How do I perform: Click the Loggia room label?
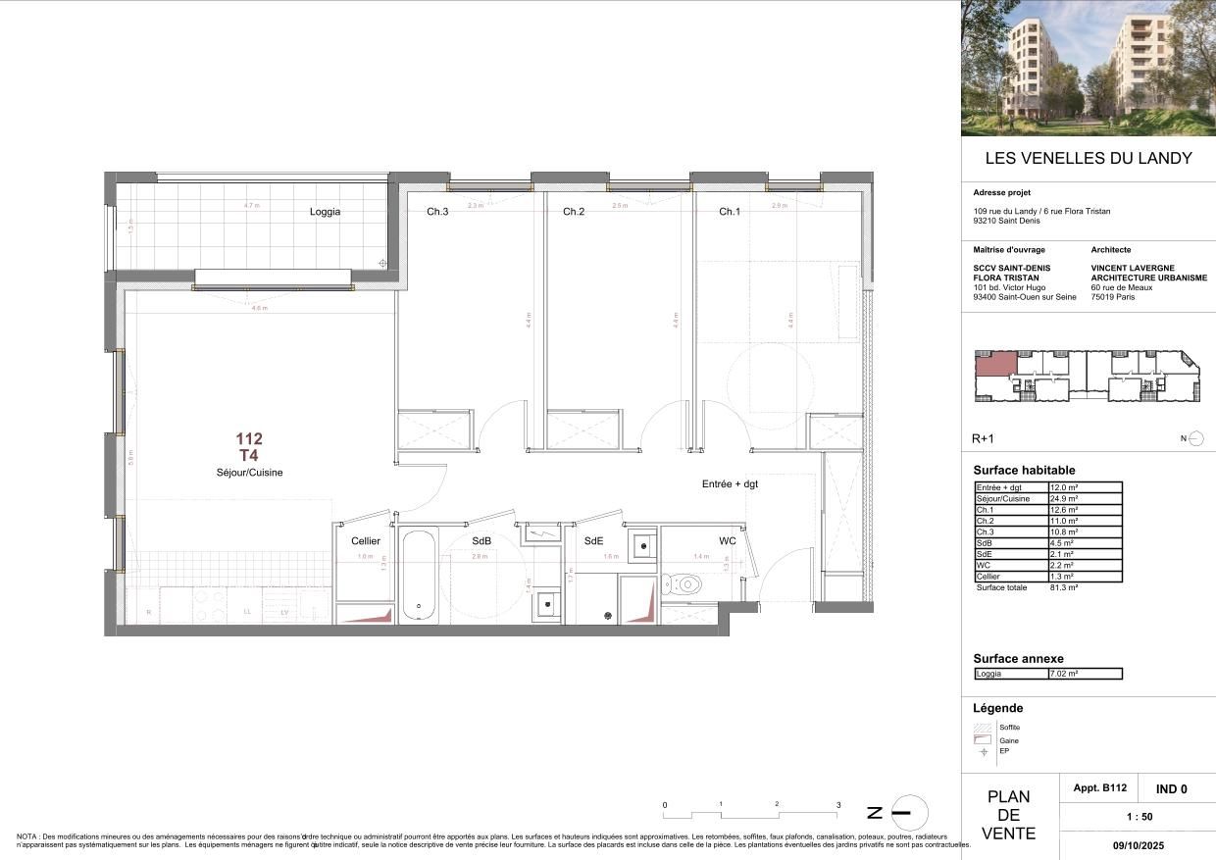tap(325, 212)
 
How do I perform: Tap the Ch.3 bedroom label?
tap(437, 212)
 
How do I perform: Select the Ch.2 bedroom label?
tap(574, 212)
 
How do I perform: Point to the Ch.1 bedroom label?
tap(729, 212)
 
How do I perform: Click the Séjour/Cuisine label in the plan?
tap(249, 473)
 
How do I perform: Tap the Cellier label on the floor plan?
tap(365, 541)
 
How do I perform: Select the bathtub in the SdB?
tap(419, 577)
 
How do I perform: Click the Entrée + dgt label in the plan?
tap(730, 484)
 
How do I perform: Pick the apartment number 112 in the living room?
tap(249, 439)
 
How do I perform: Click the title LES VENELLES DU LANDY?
tap(1088, 158)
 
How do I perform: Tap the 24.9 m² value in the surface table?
tap(1065, 498)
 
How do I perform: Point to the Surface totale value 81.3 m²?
tap(1065, 587)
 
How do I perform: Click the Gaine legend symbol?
tap(981, 739)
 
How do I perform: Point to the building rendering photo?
tap(1088, 68)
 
